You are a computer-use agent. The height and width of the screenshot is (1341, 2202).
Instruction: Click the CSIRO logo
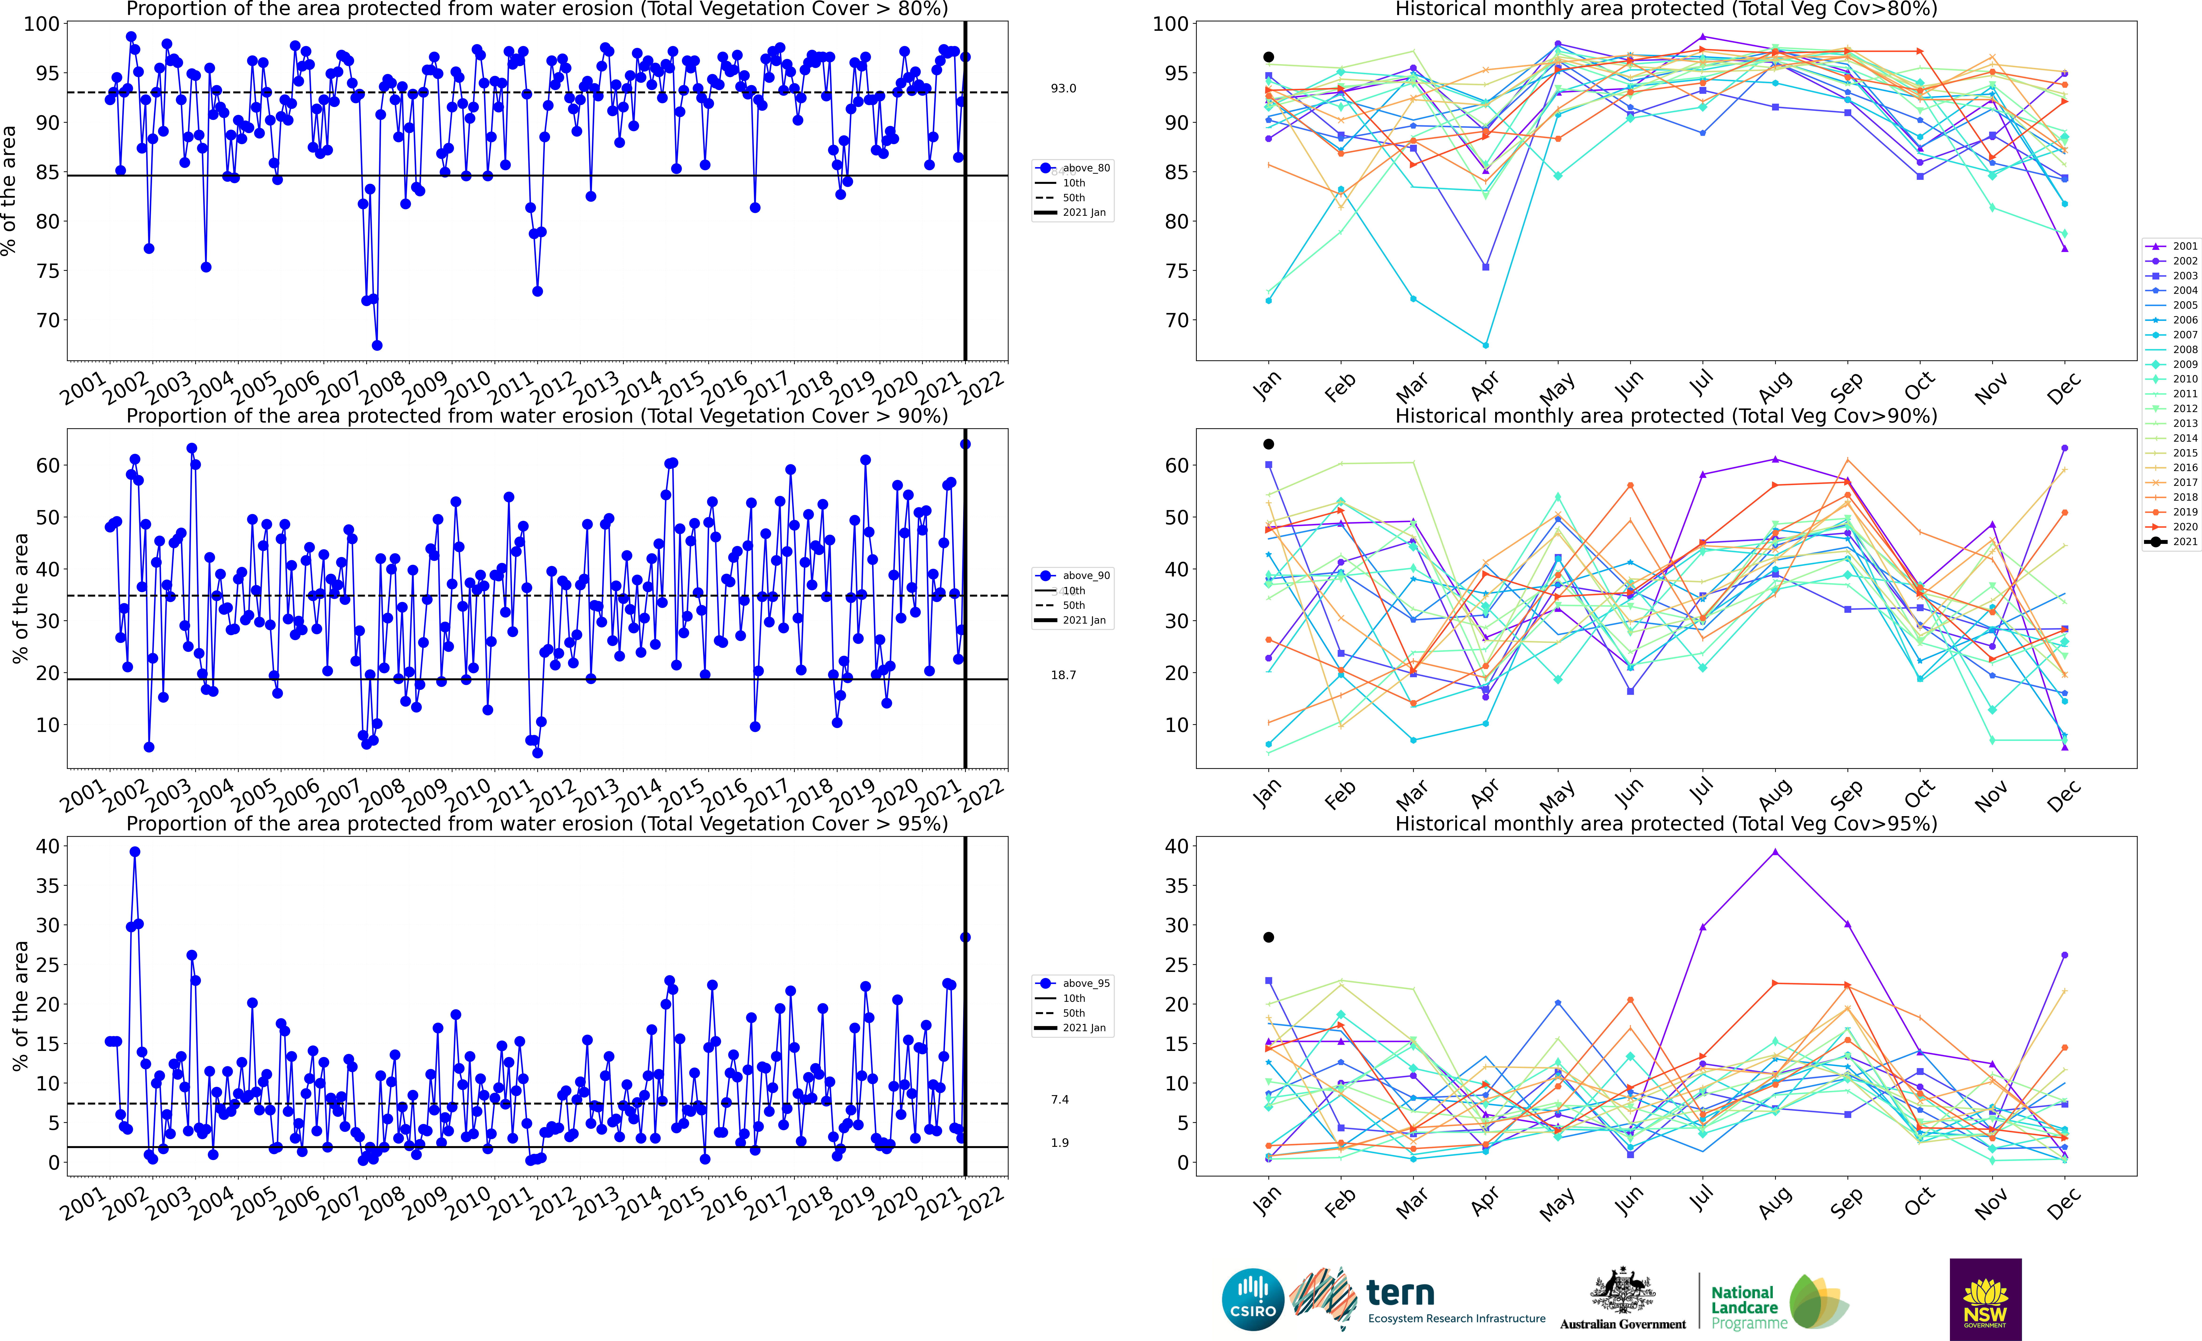point(1253,1299)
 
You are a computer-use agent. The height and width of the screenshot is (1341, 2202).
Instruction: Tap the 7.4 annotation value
point(1060,1100)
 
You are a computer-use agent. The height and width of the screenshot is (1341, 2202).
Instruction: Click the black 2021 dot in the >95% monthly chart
point(1268,937)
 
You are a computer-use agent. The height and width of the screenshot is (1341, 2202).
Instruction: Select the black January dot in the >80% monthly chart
point(1268,57)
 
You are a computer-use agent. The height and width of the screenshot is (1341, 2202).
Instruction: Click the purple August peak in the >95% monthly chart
point(1775,852)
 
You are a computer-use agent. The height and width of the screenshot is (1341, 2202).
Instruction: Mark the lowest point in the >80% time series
point(377,345)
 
